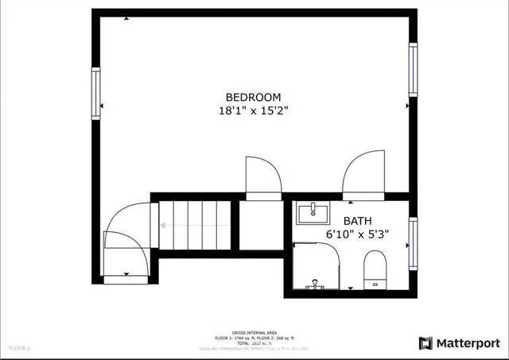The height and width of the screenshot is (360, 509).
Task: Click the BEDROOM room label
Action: (253, 97)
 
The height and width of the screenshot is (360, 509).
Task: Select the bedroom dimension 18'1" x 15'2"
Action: (253, 111)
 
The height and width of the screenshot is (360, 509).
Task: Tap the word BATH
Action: (359, 221)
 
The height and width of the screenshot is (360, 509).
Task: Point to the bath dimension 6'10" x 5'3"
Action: (359, 235)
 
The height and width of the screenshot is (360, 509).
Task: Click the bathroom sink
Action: (316, 213)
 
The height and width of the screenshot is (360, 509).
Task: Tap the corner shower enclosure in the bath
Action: (318, 266)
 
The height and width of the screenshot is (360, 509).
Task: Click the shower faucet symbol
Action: (316, 283)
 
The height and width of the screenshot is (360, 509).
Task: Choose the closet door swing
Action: (262, 176)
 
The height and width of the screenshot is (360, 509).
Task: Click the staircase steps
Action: (196, 225)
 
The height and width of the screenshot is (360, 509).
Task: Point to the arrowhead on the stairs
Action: (162, 225)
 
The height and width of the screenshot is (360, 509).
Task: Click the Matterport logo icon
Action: (425, 343)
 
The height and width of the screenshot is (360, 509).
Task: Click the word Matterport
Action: (468, 343)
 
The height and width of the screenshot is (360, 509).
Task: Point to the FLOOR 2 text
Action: (19, 348)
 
